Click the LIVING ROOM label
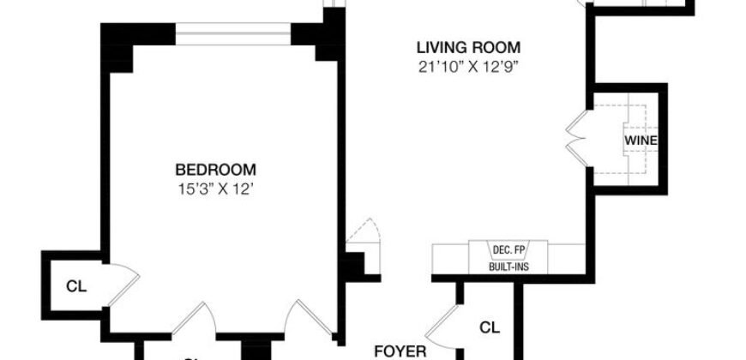(x=468, y=47)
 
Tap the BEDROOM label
(x=215, y=169)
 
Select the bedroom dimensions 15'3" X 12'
(x=215, y=186)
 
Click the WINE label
(x=635, y=139)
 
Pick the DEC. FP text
(x=508, y=249)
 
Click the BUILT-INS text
(x=508, y=267)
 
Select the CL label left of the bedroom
(x=75, y=286)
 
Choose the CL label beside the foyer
(x=489, y=327)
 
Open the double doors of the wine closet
(x=575, y=138)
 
